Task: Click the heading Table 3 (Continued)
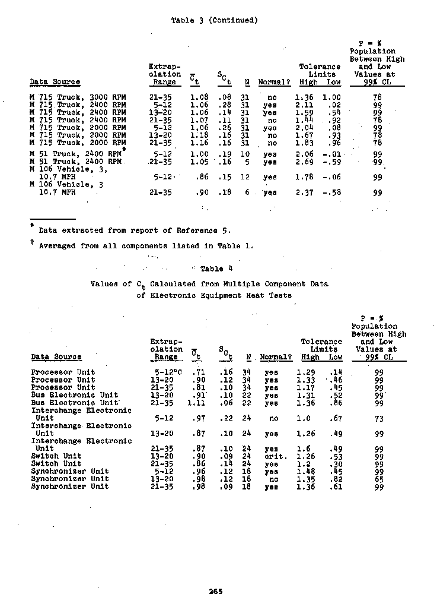(x=214, y=20)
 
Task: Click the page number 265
(x=215, y=590)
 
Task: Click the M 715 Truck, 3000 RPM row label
(x=78, y=96)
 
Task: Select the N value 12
(x=247, y=177)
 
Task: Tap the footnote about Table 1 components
(x=142, y=245)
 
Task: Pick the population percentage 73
(x=379, y=418)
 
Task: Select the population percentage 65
(x=379, y=479)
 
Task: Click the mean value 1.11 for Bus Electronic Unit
(x=196, y=403)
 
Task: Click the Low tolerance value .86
(x=335, y=403)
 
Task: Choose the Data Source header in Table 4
(x=56, y=357)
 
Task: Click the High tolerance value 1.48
(x=305, y=472)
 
